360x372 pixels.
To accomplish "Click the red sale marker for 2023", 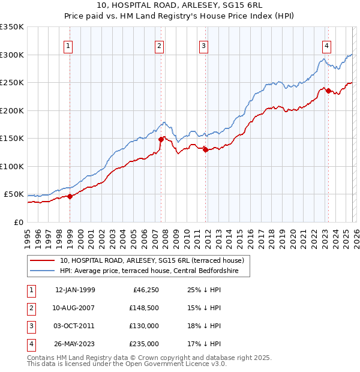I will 328,91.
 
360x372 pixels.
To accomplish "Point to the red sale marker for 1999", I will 70,196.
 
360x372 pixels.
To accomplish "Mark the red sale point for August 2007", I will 161,139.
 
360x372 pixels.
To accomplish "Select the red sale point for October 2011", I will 205,149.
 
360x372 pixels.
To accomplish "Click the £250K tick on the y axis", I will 12,83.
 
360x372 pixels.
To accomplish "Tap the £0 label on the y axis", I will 18,223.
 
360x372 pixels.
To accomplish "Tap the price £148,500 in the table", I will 144,308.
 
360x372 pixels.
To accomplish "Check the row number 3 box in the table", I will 30,326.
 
